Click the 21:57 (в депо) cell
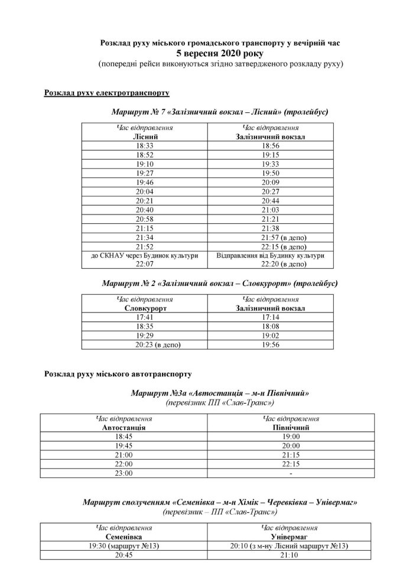tap(269, 238)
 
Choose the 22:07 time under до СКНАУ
tap(145, 264)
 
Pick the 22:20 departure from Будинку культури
tap(269, 264)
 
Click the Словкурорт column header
tap(145, 308)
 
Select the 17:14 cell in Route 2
tap(269, 317)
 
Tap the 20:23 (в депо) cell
tap(145, 345)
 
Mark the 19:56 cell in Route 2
tap(269, 345)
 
